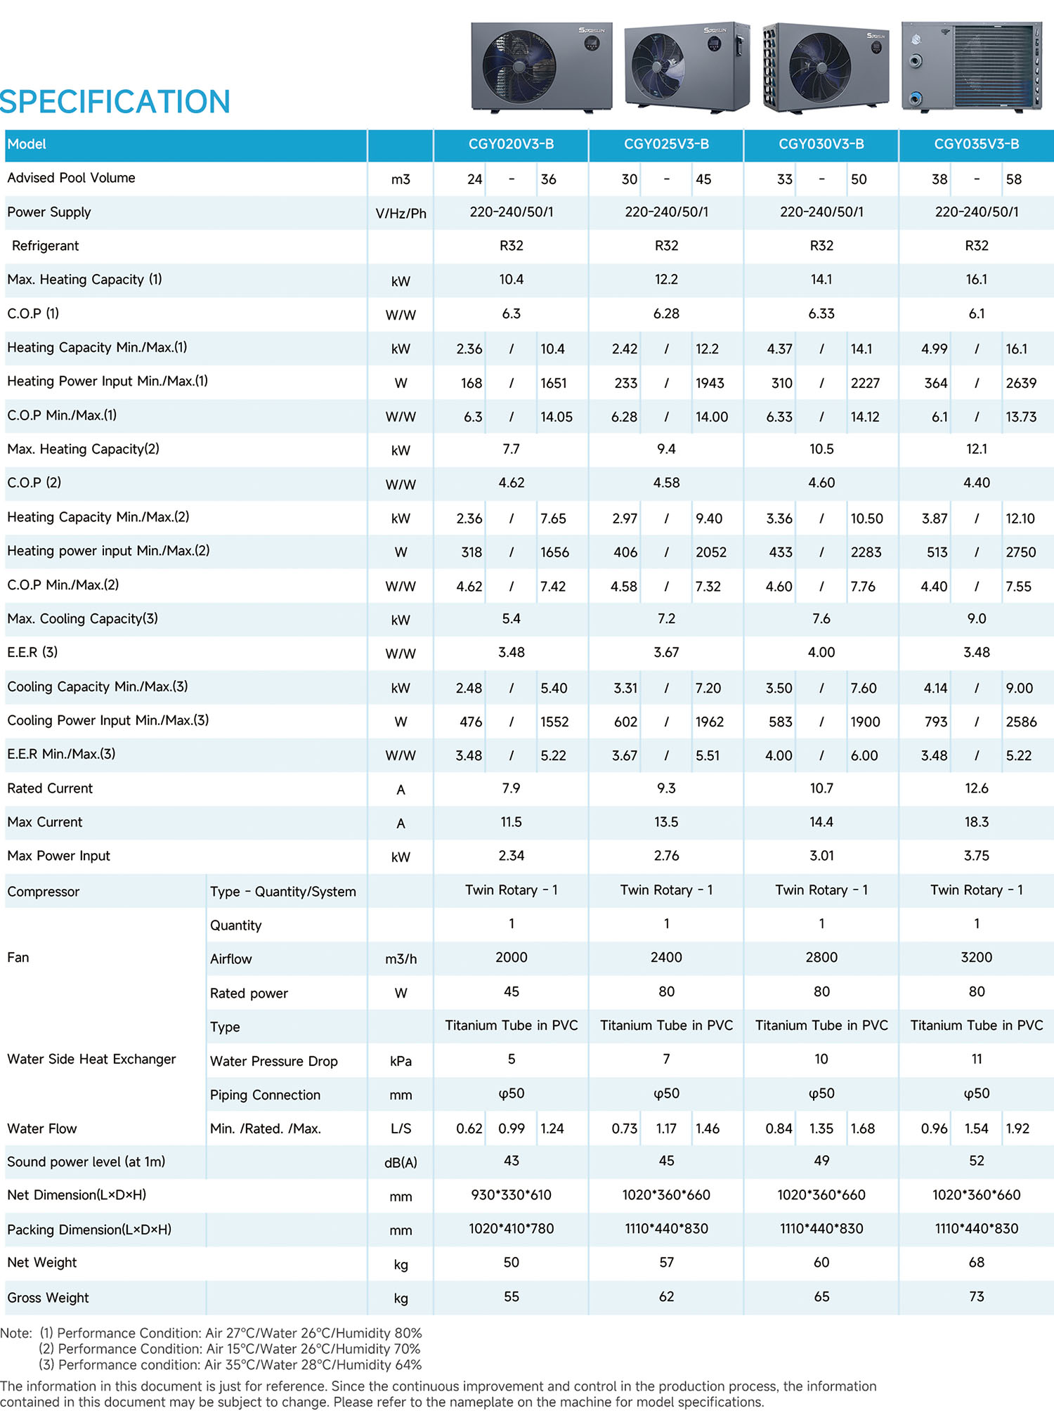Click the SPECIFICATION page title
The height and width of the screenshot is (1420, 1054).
[115, 102]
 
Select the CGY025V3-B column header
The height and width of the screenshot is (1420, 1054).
[666, 144]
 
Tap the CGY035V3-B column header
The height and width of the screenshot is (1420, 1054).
[976, 144]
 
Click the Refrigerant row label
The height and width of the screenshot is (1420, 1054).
[45, 246]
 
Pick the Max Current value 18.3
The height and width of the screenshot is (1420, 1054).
[976, 822]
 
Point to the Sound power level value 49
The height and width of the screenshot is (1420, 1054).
[821, 1161]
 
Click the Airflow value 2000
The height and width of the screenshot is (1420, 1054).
[511, 958]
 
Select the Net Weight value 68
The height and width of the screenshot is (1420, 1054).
[976, 1263]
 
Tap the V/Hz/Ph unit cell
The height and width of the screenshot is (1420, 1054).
[401, 214]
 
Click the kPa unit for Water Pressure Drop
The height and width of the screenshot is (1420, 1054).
[401, 1061]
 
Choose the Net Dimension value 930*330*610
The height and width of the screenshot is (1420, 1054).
[511, 1195]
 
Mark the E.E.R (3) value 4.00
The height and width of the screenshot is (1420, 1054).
[821, 653]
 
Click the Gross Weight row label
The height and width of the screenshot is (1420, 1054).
[48, 1298]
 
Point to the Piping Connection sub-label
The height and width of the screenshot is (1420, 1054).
[265, 1095]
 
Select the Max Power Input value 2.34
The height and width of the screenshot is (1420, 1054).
[511, 856]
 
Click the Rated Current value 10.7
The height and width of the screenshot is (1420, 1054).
[821, 788]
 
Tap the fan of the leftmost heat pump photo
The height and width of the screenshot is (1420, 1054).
[519, 67]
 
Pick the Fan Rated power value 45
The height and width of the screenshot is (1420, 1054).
[511, 991]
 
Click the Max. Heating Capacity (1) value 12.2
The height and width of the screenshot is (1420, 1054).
[666, 280]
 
